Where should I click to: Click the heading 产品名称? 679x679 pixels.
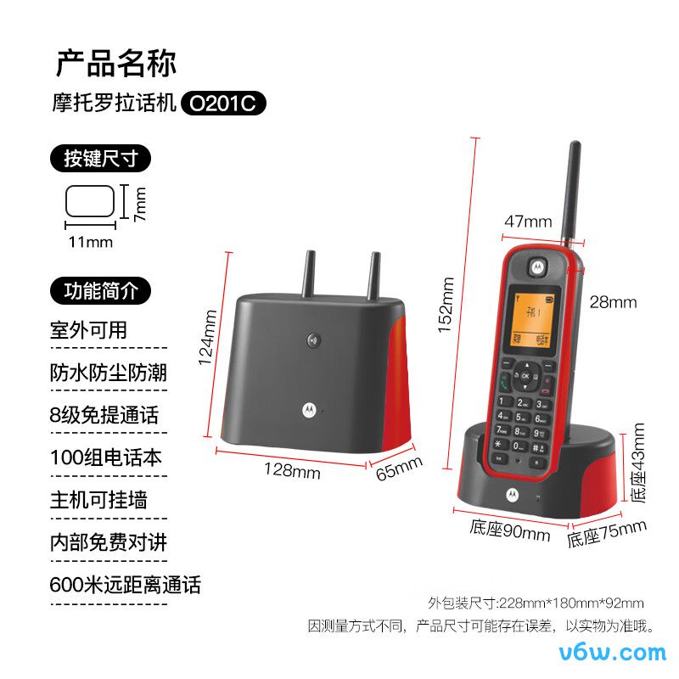[x=115, y=64]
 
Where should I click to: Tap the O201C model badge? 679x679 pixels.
[x=223, y=104]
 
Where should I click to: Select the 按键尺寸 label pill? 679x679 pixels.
[x=101, y=158]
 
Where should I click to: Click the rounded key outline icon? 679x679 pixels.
[x=90, y=202]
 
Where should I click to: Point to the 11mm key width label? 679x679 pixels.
[x=90, y=242]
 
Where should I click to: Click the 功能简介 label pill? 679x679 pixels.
[x=101, y=290]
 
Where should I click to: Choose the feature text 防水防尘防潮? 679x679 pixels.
[x=108, y=373]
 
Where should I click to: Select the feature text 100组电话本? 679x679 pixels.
[x=105, y=457]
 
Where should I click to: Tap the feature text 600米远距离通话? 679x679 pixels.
[x=125, y=585]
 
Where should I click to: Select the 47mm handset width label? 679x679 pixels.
[x=528, y=222]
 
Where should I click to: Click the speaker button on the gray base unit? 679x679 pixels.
[x=313, y=341]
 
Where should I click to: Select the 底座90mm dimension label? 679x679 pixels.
[x=509, y=532]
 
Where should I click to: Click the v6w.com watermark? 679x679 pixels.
[x=614, y=652]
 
